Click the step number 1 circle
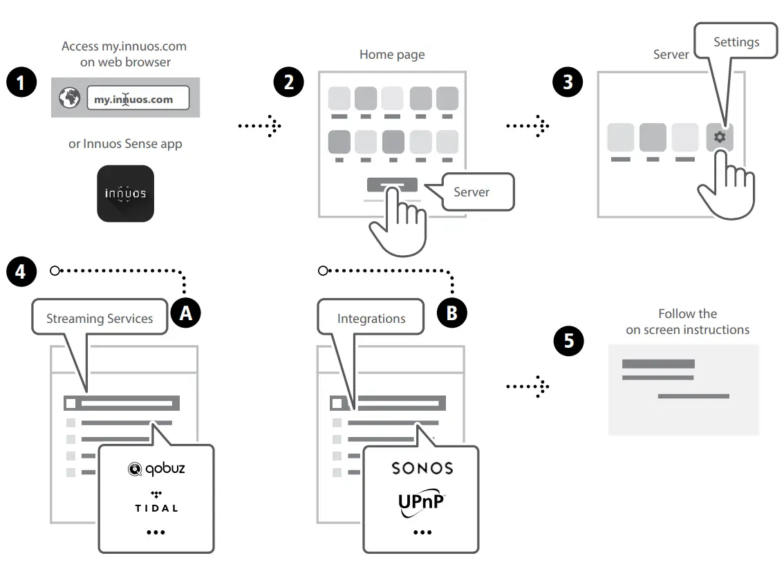pos(21,84)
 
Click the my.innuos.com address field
pos(138,99)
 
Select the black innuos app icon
pos(125,194)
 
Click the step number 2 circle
pos(288,82)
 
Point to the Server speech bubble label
pos(471,192)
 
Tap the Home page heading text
pos(392,54)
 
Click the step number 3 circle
pos(568,82)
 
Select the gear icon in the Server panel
pos(720,137)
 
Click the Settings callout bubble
pos(736,42)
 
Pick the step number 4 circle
pos(21,271)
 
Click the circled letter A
pos(185,313)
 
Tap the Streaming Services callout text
pos(100,319)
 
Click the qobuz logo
pos(156,470)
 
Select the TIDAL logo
pos(156,503)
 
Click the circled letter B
pos(452,313)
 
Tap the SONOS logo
pos(422,468)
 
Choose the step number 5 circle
pos(568,341)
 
